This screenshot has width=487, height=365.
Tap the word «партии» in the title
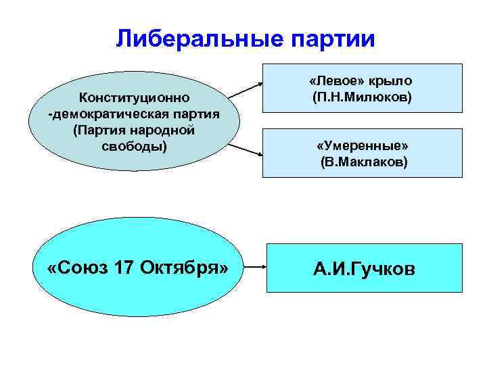(x=329, y=39)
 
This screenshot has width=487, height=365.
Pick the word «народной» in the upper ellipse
(x=169, y=130)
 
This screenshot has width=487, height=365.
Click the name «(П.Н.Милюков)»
(x=362, y=98)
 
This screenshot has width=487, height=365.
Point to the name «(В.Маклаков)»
(x=364, y=163)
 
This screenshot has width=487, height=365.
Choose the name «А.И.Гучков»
(x=364, y=269)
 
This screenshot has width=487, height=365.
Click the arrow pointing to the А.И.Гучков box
(x=253, y=268)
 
